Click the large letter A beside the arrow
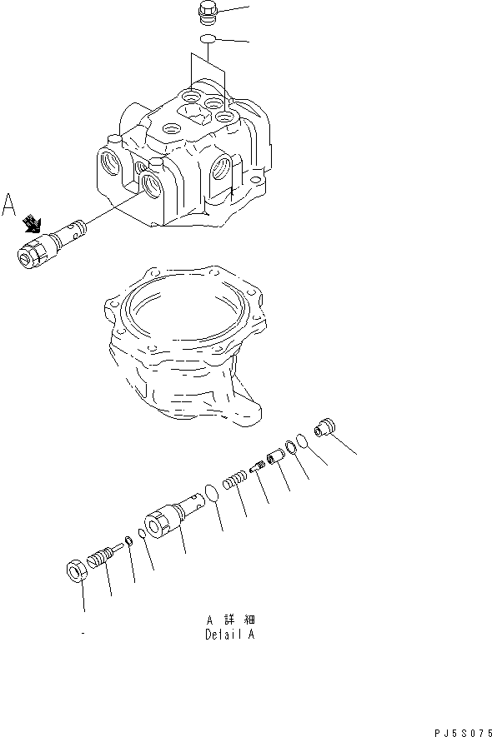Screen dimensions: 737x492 [x=10, y=205]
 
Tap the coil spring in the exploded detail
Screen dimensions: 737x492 [x=236, y=482]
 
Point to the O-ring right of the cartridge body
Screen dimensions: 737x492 [x=213, y=494]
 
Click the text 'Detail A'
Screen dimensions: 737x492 [x=229, y=634]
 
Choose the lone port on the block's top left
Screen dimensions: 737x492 [x=171, y=129]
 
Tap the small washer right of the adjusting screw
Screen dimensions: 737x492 [x=128, y=539]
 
